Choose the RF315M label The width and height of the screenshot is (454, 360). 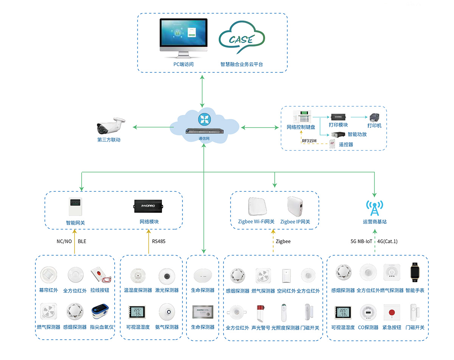[309, 141]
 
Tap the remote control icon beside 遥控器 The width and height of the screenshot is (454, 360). [332, 144]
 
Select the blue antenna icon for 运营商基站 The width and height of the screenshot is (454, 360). [375, 207]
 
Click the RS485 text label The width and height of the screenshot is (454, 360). [159, 241]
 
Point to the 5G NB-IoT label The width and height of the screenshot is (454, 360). [361, 241]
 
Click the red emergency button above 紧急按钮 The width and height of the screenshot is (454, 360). [392, 313]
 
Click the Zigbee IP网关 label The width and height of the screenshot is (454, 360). [295, 222]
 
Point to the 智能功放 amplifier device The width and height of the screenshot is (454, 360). [339, 134]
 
